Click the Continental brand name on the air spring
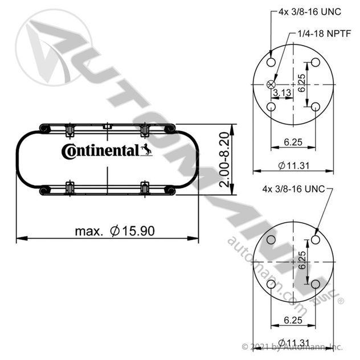[100, 152]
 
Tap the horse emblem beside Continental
[146, 150]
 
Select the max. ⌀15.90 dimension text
[115, 231]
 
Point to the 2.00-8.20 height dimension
[224, 159]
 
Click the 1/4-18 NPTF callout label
[324, 34]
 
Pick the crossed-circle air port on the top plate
[271, 84]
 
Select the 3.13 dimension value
[282, 93]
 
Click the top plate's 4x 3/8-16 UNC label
[310, 12]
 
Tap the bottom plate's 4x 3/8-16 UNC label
[293, 189]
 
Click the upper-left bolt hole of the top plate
[271, 62]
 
